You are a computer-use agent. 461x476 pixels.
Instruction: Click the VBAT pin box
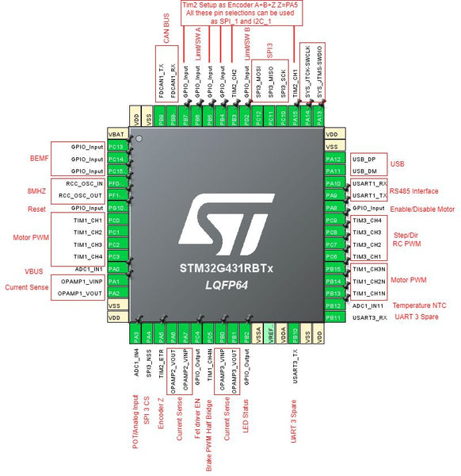click(116, 135)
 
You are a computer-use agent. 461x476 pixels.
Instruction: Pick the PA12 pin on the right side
click(333, 159)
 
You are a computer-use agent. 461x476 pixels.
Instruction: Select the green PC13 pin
click(116, 147)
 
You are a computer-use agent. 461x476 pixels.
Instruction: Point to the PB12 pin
click(333, 305)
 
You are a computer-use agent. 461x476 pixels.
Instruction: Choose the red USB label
click(398, 165)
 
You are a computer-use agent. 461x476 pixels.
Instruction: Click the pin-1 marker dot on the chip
click(139, 139)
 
